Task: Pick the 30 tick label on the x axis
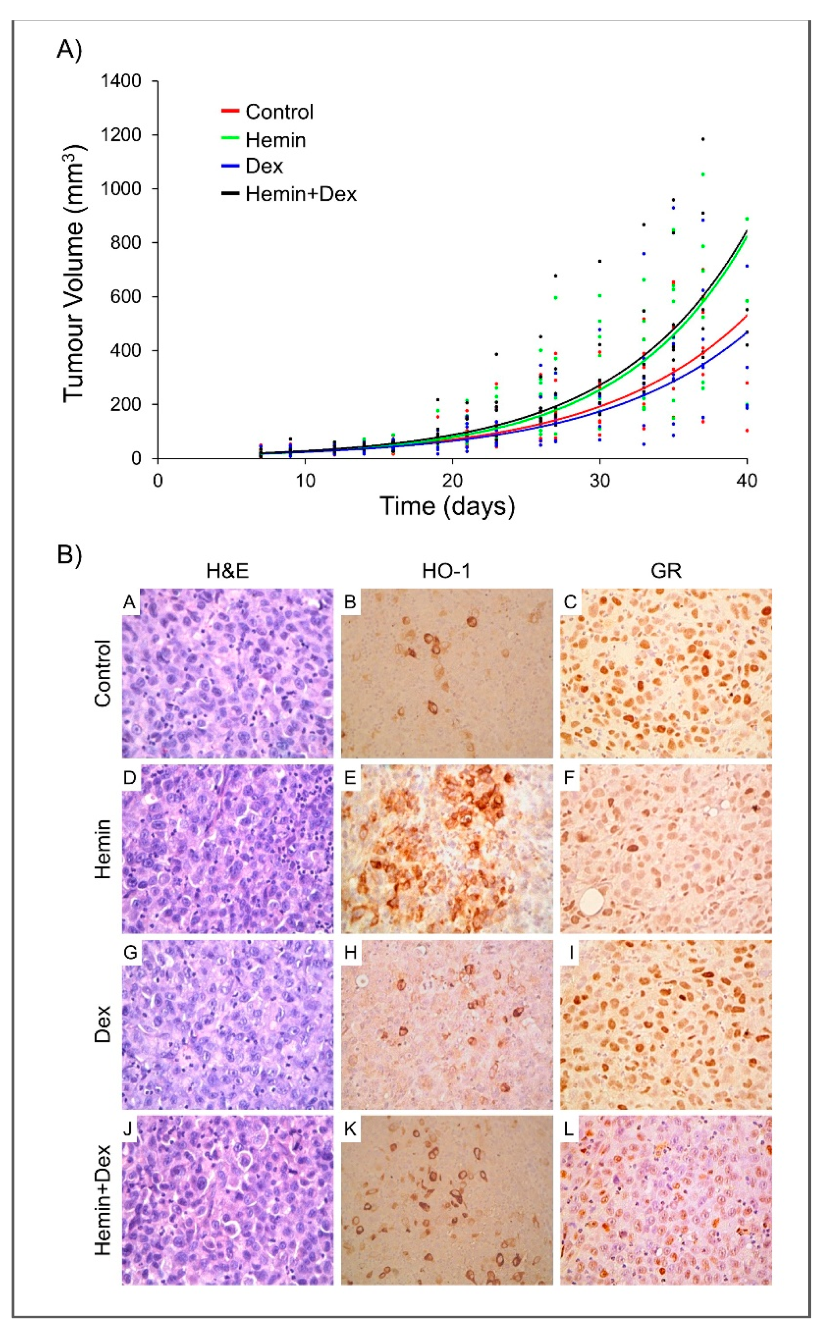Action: [x=599, y=481]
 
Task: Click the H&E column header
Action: [x=227, y=570]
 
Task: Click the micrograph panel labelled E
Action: [x=446, y=849]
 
